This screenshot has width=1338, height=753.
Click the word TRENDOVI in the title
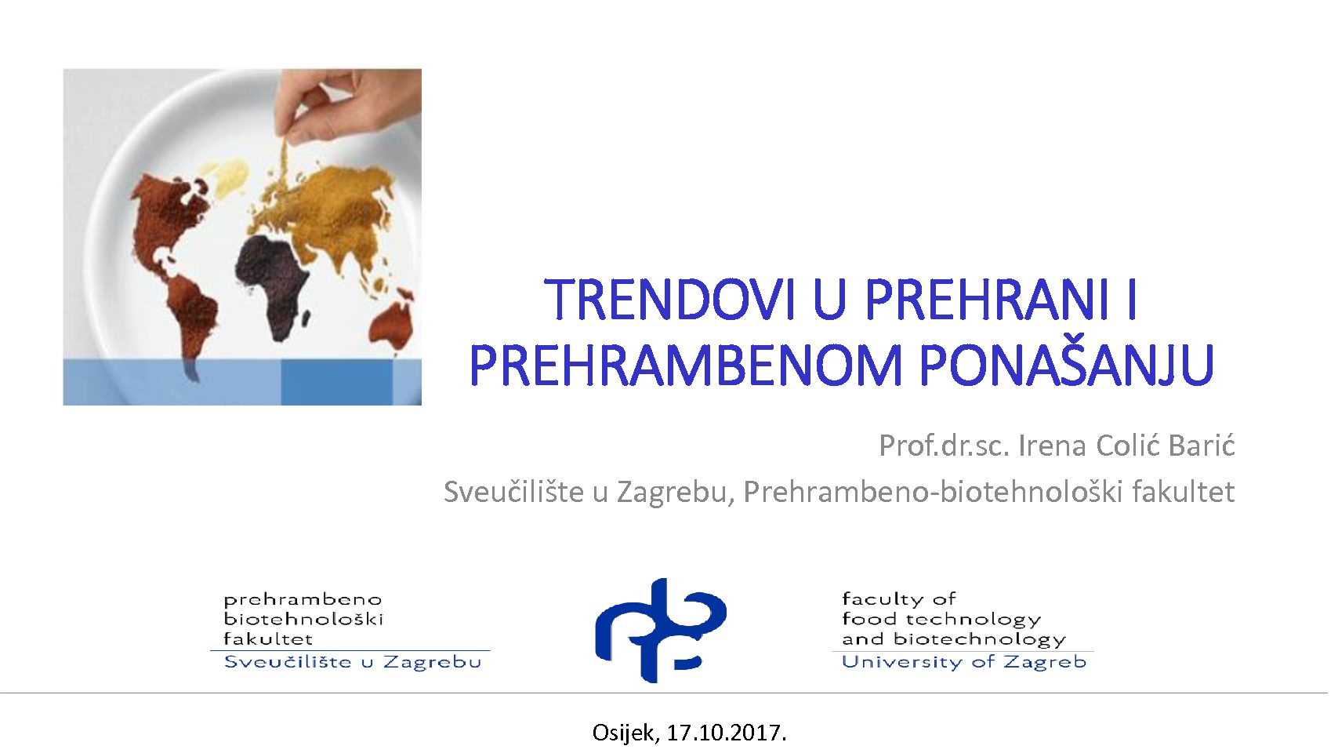coord(672,300)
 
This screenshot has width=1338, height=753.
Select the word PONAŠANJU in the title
coord(1067,366)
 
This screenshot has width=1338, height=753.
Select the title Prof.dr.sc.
coord(945,446)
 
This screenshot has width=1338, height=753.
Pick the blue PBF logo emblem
coord(661,631)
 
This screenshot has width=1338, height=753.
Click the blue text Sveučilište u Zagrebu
coord(353,662)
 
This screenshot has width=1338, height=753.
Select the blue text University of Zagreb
coord(963,662)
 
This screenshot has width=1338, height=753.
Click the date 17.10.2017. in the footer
coord(727,733)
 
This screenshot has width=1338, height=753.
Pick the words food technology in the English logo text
coord(941,620)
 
